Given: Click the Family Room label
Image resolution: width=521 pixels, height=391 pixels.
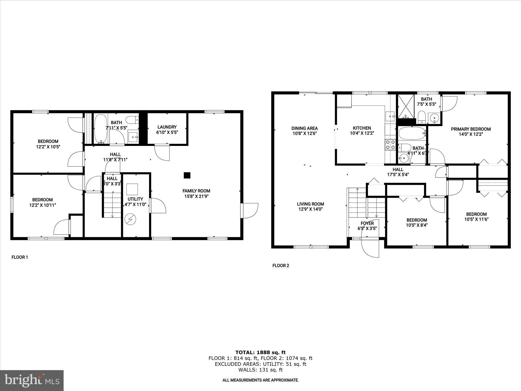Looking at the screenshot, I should click(196, 191).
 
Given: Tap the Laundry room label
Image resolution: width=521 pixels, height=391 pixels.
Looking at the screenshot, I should click(167, 127).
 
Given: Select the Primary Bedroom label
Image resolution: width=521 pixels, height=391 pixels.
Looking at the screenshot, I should click(471, 129).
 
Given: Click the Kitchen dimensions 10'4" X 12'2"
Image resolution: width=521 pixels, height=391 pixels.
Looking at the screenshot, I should click(362, 133).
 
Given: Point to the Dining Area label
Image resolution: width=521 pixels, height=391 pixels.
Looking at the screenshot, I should click(305, 128).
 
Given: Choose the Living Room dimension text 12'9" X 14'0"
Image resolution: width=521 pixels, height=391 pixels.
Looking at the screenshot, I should click(310, 209).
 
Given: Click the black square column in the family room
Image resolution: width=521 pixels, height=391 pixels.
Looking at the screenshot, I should click(187, 175).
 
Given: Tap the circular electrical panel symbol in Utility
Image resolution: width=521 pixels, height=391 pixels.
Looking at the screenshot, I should click(130, 219).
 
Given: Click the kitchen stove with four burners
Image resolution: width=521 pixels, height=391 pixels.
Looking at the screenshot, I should click(390, 145).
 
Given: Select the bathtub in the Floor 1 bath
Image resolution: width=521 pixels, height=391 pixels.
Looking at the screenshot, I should click(101, 129).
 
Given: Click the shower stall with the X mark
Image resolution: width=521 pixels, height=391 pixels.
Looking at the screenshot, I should click(406, 106).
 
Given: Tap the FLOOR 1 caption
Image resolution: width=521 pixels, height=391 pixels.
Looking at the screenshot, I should click(20, 257).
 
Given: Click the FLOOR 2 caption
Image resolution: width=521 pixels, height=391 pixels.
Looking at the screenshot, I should click(281, 266).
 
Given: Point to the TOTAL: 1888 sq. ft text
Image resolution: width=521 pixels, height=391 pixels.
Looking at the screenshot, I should click(260, 352).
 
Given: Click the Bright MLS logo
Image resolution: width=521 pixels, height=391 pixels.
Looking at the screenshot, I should click(32, 380).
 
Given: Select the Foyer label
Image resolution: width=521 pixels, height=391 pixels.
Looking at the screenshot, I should click(367, 223).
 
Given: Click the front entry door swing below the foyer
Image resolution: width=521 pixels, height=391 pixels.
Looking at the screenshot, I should click(370, 248).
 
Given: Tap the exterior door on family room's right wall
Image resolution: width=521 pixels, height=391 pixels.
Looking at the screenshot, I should click(250, 211).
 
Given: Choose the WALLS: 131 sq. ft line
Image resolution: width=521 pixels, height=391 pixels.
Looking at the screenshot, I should click(260, 370).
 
